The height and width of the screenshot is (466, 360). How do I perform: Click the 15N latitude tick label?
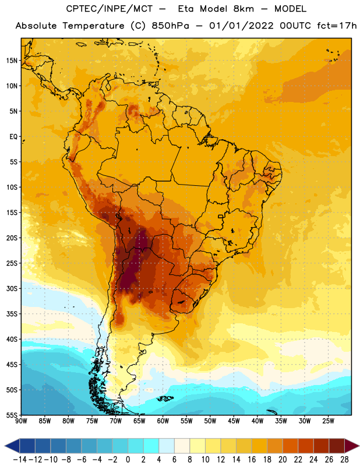12,61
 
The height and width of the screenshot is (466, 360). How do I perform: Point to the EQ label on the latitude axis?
13,137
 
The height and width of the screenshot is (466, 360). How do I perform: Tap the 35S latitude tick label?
12,314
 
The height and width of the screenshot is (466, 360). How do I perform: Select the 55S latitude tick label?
12,415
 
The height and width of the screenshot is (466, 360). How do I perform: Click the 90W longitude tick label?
21,421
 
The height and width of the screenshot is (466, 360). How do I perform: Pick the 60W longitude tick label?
163,421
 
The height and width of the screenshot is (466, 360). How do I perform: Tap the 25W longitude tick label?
328,421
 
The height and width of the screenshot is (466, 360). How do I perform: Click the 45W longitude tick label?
234,421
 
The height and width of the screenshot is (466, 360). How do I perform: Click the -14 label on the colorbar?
20,460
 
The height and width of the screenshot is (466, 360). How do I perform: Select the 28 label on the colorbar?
344,460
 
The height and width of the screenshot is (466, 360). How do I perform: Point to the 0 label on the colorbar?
128,460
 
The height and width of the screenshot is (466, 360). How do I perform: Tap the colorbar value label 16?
252,460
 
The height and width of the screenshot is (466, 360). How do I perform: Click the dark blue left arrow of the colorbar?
12,446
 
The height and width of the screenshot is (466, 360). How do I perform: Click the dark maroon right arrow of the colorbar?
352,446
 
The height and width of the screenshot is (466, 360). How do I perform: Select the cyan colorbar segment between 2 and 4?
151,446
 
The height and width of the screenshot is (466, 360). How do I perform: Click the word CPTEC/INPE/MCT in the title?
110,9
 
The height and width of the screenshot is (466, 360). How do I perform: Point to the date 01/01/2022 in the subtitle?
241,26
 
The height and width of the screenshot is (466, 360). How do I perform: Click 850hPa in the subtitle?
170,26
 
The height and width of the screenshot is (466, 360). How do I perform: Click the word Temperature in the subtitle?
93,26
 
